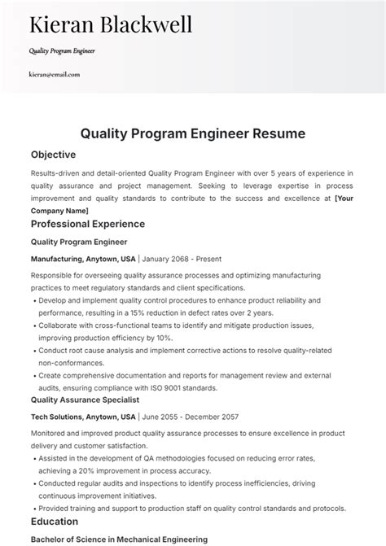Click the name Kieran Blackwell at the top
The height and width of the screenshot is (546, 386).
pos(111,24)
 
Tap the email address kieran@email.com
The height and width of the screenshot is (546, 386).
pos(55,74)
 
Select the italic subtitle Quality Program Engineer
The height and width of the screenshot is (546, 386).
pos(63,50)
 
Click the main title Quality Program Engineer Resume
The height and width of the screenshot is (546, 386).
pos(193,132)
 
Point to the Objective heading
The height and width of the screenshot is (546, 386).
pos(53,154)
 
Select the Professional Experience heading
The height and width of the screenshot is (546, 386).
pos(87,224)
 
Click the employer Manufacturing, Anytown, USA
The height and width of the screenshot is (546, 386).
pos(83,259)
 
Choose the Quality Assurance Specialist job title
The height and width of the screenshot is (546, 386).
pos(85,400)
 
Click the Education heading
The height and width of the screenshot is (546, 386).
pos(55,521)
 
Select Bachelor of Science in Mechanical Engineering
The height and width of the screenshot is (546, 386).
pos(119,539)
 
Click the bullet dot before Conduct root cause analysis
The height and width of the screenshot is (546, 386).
pos(33,350)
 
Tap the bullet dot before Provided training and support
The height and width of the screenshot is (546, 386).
pos(33,508)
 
